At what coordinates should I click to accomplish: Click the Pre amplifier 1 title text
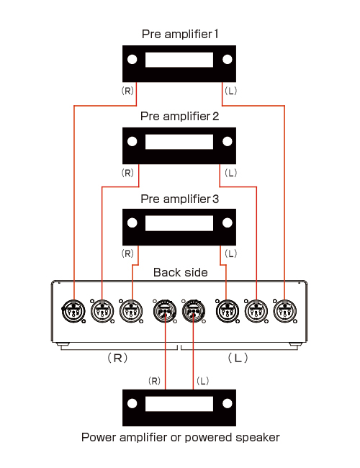pos(180,34)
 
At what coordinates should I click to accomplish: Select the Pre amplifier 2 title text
pos(180,116)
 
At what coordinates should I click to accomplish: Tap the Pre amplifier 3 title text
pos(180,199)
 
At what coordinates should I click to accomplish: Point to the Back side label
pos(180,272)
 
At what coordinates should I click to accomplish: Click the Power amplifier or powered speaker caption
pos(180,437)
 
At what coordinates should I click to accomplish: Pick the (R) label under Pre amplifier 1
pos(127,91)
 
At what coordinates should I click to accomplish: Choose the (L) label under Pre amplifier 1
pos(230,91)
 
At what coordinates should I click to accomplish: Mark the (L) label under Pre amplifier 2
pos(230,173)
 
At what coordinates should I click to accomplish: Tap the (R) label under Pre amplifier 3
pos(127,253)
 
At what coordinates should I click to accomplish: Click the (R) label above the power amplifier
pos(154,381)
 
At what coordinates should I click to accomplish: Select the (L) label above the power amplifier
pos(203,381)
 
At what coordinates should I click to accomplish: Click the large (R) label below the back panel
pos(117,358)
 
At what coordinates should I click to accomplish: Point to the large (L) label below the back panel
pos(238,358)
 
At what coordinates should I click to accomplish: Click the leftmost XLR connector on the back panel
pos(73,311)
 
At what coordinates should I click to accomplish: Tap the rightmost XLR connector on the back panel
pos(285,311)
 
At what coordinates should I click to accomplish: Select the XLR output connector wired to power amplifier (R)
pos(165,311)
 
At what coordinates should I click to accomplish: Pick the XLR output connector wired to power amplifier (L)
pos(194,311)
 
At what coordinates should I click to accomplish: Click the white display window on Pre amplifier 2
pos(179,141)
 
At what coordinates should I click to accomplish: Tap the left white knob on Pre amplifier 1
pos(132,59)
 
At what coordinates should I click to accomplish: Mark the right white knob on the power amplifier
pos(228,403)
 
